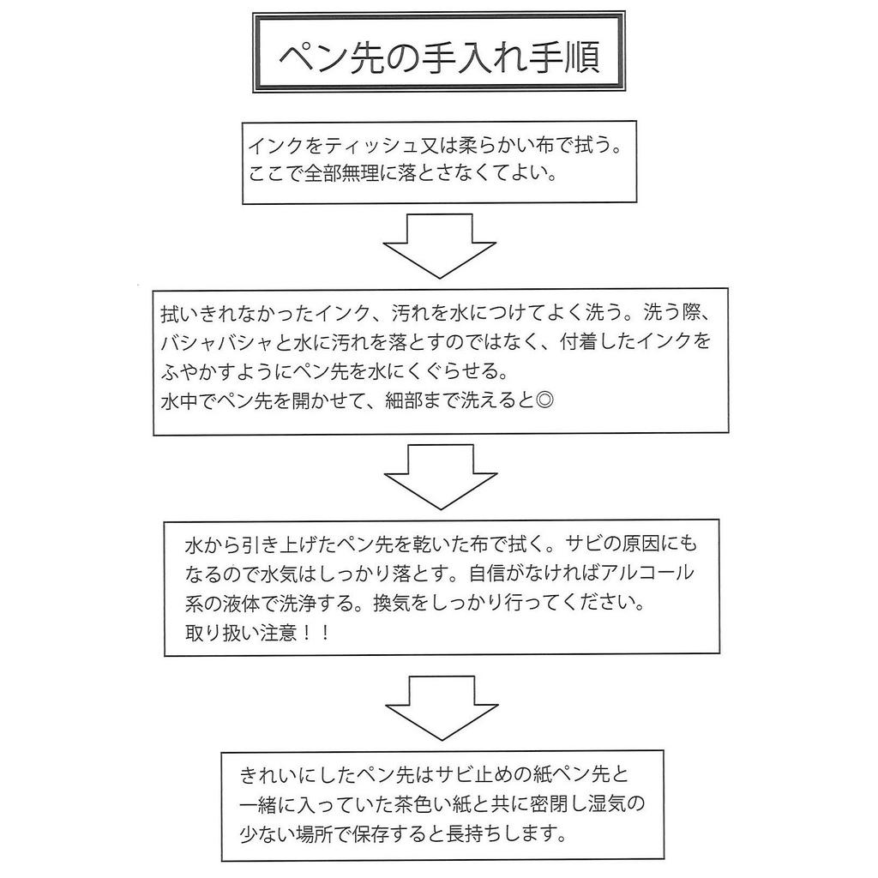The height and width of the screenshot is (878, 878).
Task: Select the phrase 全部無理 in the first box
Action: coord(340,174)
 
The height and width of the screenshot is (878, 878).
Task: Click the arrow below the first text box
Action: coord(439,245)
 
